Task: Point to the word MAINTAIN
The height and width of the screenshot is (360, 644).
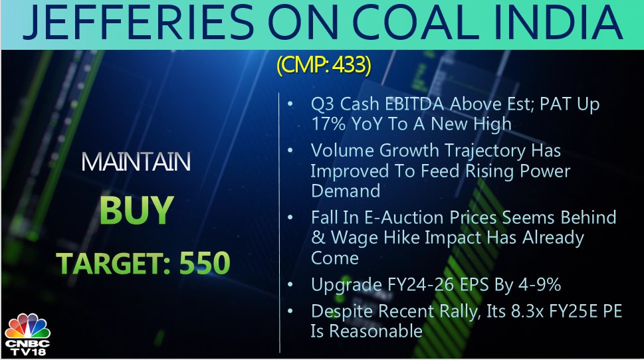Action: [x=136, y=161]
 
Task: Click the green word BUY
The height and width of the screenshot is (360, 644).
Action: [x=136, y=210]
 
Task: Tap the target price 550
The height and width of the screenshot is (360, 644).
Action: [x=205, y=263]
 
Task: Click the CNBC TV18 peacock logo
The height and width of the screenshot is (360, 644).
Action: [x=27, y=334]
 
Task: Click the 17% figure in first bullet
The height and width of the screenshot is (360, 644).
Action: [x=328, y=124]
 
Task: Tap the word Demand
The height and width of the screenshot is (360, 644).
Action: [x=346, y=191]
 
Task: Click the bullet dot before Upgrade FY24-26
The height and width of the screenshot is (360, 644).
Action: [x=290, y=284]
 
